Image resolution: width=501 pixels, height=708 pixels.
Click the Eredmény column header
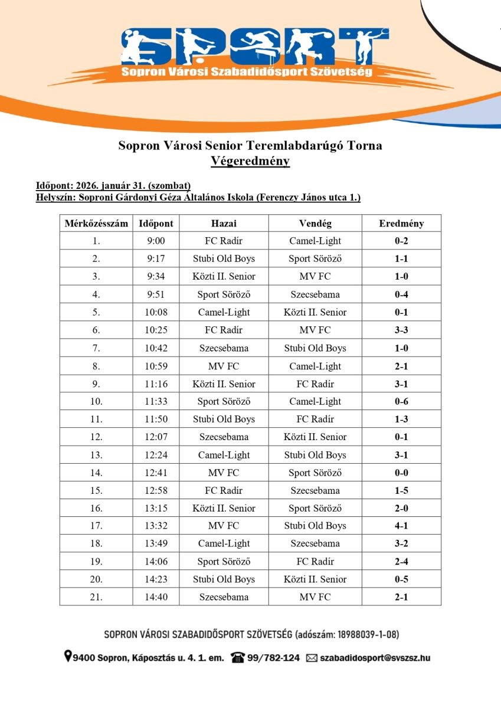pos(401,224)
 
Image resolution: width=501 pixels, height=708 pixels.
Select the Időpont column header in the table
pos(156,224)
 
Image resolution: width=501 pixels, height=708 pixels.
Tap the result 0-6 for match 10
pos(401,402)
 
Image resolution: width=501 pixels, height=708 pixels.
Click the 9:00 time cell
pos(156,241)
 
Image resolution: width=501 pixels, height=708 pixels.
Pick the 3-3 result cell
pos(401,330)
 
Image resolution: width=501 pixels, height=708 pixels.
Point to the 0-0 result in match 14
pos(401,473)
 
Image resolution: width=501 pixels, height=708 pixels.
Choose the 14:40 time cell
pos(156,597)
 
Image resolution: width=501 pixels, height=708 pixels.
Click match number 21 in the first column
pos(96,597)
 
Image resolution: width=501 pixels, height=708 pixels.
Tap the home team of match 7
pos(224,348)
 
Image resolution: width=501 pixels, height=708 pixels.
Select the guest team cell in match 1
pos(315,241)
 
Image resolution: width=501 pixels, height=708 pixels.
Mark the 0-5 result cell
pos(401,579)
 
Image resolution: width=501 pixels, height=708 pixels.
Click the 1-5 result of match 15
pos(401,491)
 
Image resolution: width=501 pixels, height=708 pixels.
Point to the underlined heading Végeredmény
pos(250,161)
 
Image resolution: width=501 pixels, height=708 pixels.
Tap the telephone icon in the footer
pos(238,657)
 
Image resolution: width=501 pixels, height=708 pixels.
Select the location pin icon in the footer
pos(68,657)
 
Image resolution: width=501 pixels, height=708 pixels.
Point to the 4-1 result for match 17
pos(401,526)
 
